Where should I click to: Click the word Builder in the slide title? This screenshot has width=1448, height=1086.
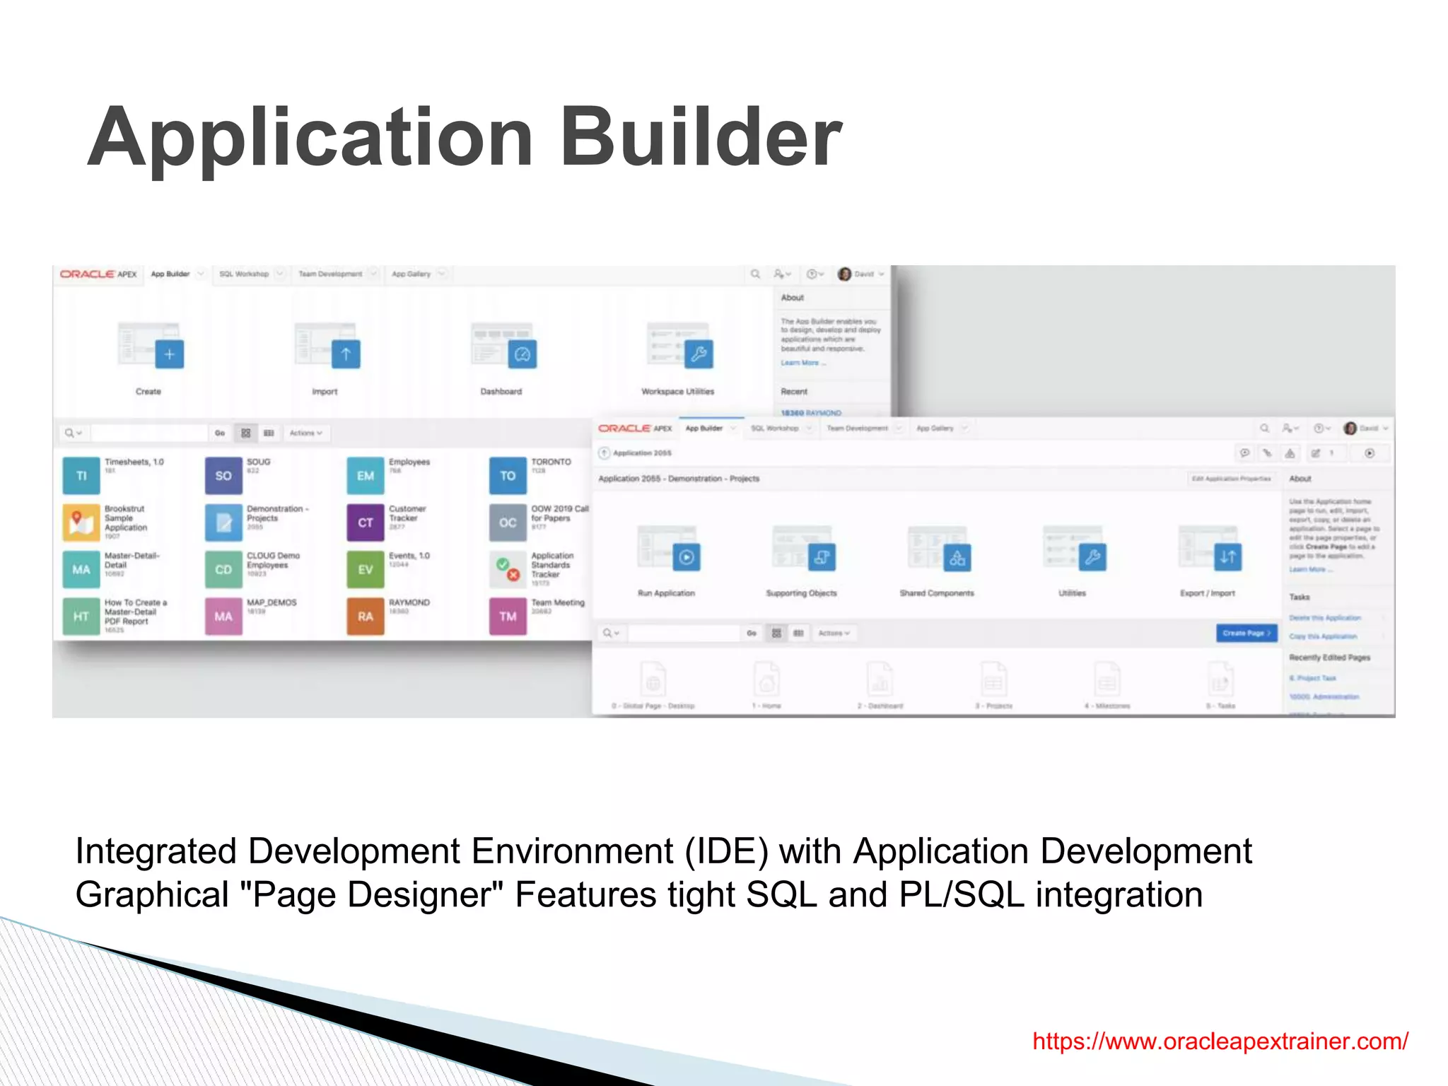[x=700, y=137]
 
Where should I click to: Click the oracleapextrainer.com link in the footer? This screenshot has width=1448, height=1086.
[x=1220, y=1041]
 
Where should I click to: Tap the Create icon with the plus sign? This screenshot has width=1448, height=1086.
[x=169, y=354]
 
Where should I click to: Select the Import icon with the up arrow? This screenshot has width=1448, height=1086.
[x=346, y=354]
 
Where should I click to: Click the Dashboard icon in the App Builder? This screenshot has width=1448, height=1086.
[x=522, y=354]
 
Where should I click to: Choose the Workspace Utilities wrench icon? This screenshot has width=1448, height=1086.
[x=699, y=354]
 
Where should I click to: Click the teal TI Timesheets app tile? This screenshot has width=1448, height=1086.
[x=81, y=476]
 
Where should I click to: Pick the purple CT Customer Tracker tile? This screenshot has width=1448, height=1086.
[x=366, y=522]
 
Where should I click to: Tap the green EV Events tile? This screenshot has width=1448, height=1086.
[x=366, y=569]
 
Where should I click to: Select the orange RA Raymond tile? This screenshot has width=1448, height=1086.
[x=366, y=616]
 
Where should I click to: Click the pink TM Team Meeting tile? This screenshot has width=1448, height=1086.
[x=508, y=616]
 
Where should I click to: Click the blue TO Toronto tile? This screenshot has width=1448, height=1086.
[x=508, y=476]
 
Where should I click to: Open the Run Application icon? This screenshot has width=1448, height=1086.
[x=686, y=557]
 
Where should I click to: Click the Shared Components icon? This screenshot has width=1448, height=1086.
[x=957, y=557]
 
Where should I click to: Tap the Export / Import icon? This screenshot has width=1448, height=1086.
[x=1227, y=557]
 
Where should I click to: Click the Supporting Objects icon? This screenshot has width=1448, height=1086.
[x=821, y=557]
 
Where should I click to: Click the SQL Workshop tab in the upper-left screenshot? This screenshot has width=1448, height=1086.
[x=244, y=274]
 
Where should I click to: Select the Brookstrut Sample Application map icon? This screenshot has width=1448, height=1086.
[x=81, y=522]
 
